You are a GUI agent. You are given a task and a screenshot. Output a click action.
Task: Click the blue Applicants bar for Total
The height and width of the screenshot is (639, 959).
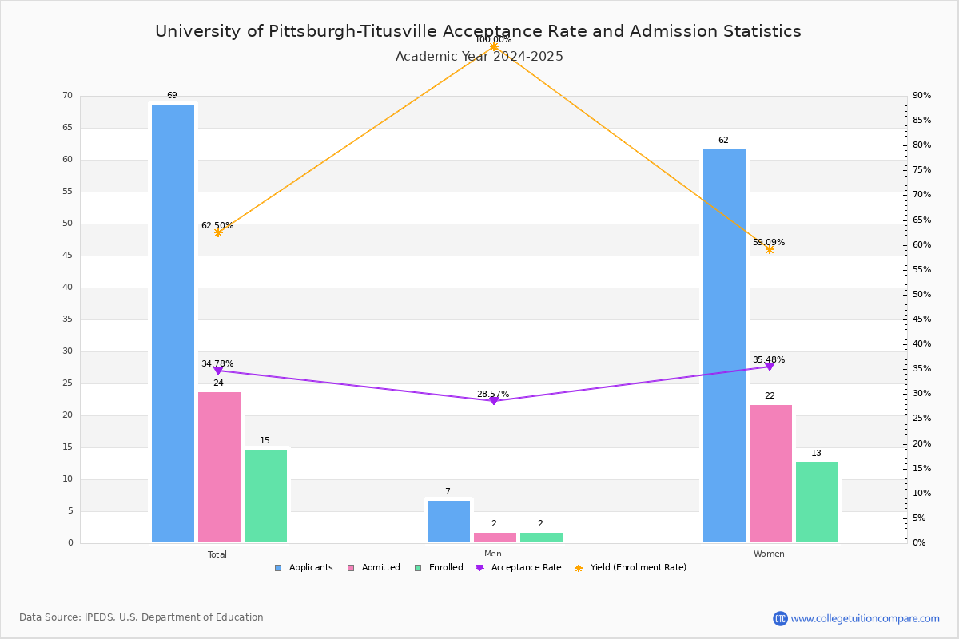[173, 323]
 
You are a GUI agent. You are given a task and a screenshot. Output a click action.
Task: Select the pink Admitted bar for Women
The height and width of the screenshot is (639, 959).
[770, 474]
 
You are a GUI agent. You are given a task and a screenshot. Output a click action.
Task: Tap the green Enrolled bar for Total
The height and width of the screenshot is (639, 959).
[265, 495]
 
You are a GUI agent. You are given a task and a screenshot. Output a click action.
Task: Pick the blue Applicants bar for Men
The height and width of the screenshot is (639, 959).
[448, 522]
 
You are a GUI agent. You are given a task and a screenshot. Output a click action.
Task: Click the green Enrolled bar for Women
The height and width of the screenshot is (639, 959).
[817, 502]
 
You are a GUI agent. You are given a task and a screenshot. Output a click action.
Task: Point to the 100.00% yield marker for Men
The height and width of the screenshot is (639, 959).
[494, 46]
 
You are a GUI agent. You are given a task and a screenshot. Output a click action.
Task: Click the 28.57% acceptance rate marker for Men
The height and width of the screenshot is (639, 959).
[494, 401]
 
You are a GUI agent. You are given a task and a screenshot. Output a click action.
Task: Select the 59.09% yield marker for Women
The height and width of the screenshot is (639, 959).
[770, 249]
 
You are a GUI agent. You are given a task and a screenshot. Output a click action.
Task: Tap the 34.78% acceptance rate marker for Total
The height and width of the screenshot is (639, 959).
[218, 370]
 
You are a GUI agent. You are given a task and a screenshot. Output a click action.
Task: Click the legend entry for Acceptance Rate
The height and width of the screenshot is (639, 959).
[518, 568]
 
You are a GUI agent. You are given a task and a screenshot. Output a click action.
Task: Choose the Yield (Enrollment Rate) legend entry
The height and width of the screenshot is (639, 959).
[631, 568]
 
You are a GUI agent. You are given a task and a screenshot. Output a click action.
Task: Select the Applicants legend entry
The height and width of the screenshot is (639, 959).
[304, 568]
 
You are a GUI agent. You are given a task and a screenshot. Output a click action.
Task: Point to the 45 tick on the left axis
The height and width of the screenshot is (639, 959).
[68, 256]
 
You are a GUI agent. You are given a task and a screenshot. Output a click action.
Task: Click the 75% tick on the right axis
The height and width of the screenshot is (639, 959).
[921, 170]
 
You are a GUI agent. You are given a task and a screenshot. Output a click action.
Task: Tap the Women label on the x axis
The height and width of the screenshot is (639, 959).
[769, 554]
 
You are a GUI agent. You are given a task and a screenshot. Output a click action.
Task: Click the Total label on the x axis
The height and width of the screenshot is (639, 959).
[217, 554]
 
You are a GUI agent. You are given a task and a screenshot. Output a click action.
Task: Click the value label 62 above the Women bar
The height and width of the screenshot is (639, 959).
[723, 140]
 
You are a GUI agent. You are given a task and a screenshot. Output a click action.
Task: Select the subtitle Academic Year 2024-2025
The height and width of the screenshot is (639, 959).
[479, 57]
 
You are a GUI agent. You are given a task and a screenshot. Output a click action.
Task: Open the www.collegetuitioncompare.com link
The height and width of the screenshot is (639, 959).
[865, 618]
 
